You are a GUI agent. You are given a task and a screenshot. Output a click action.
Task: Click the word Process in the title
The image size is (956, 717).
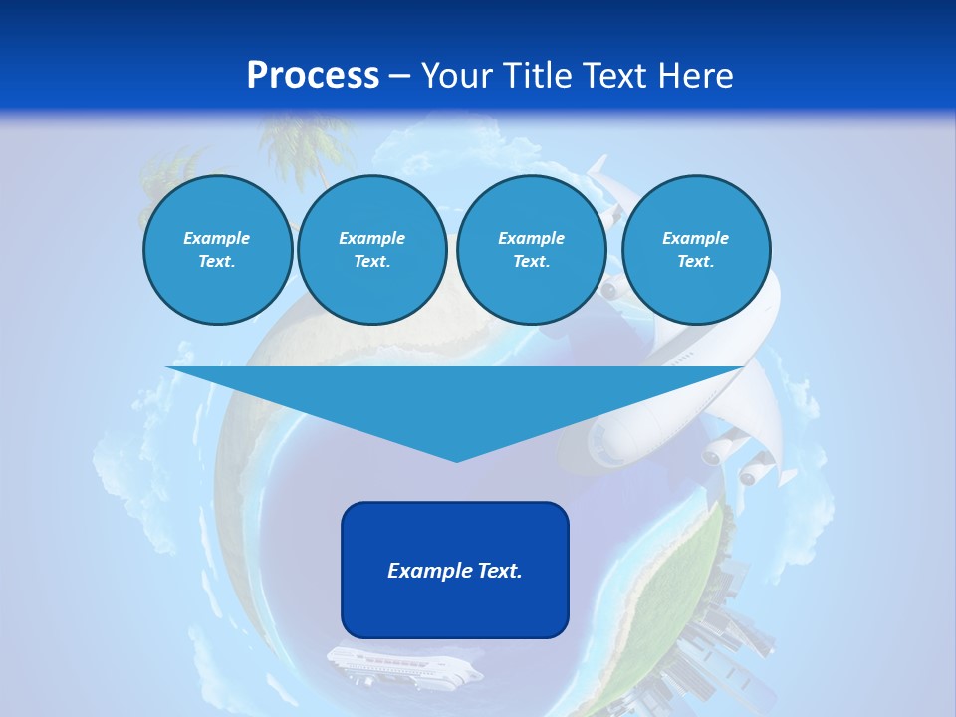coord(313,76)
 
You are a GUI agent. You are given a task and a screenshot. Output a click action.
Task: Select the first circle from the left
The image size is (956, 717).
coord(218,250)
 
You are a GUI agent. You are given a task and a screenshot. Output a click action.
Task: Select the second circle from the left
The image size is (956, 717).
coord(372,250)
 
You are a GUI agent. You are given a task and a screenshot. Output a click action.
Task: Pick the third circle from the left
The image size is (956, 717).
coord(532,250)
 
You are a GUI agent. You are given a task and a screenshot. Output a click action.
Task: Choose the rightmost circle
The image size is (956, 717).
coord(696,250)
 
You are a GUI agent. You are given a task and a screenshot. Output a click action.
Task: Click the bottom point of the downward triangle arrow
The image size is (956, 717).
coord(456,459)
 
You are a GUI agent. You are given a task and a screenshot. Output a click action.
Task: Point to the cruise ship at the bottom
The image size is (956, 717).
coord(403,666)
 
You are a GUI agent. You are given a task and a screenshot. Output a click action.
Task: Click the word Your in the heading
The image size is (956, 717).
coord(457,76)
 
